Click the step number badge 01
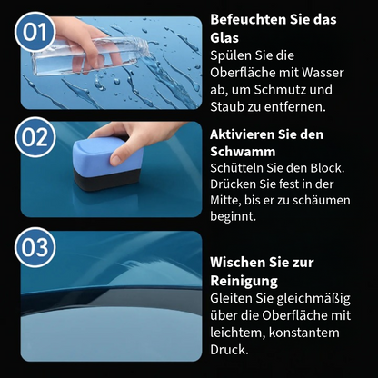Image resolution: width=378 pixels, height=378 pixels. click(35, 32)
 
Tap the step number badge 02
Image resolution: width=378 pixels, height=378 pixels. click(35, 137)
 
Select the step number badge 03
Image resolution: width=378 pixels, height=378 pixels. click(35, 247)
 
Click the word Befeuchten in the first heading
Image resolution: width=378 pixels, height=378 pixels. click(247, 19)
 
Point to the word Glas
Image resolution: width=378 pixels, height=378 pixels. click(224, 38)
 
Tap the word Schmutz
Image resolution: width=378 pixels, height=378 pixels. click(278, 90)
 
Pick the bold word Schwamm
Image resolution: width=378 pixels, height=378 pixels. click(243, 152)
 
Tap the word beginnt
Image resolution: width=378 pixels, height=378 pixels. click(233, 216)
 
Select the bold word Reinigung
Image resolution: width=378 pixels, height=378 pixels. click(244, 281)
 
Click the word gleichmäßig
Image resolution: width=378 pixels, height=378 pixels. click(313, 299)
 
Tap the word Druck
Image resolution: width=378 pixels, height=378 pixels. click(229, 350)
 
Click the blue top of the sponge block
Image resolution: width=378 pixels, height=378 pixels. click(107, 154)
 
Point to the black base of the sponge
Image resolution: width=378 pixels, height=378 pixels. click(106, 180)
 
